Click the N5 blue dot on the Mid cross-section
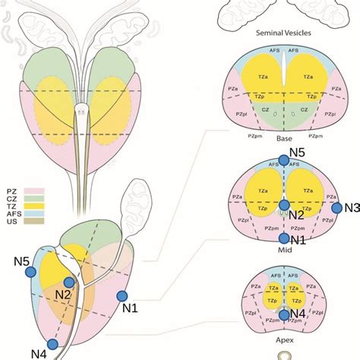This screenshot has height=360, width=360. pyautogui.click(x=283, y=159)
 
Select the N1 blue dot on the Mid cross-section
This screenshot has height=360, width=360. pyautogui.click(x=283, y=239)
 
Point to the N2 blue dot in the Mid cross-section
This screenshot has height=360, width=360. pyautogui.click(x=283, y=205)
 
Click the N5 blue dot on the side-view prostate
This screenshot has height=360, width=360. pyautogui.click(x=30, y=271)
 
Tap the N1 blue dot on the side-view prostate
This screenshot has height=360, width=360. pyautogui.click(x=122, y=296)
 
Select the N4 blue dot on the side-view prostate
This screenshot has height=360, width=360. pyautogui.click(x=51, y=343)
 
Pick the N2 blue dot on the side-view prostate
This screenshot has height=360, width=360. pyautogui.click(x=68, y=283)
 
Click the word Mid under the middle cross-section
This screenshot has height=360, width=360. pyautogui.click(x=283, y=248)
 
